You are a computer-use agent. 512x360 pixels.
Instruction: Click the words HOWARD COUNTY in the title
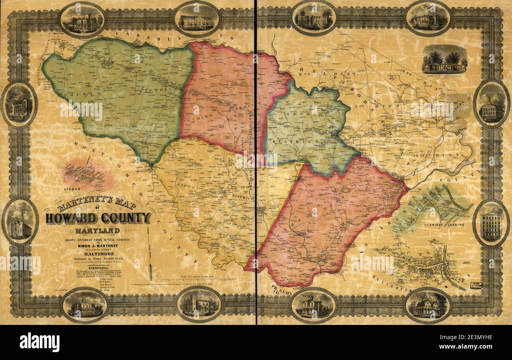pos(98,218)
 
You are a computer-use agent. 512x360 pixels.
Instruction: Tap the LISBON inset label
pos(74,189)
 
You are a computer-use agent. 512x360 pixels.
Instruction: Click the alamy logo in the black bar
pos(39,342)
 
